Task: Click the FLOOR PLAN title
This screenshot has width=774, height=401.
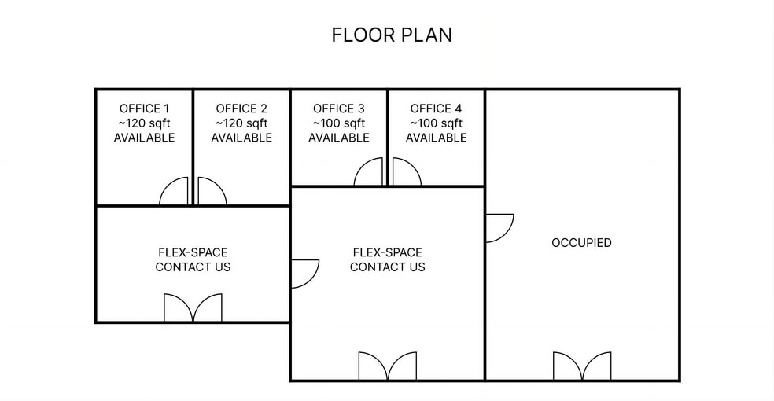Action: [x=391, y=35]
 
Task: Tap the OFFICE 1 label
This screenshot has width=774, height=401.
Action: [x=144, y=109]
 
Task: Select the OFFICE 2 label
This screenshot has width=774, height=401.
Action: [x=241, y=109]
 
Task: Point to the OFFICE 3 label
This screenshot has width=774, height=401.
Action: [x=338, y=109]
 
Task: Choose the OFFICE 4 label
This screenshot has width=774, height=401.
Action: [x=436, y=109]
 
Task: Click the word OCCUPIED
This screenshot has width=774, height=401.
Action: [x=581, y=243]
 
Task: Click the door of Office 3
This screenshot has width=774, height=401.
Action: [x=370, y=173]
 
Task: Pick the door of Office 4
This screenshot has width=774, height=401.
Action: [x=405, y=173]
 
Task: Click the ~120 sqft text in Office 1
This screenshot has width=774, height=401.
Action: [x=144, y=123]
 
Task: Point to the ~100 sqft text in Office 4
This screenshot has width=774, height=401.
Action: [x=436, y=123]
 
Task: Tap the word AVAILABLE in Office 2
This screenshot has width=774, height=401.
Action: [x=241, y=138]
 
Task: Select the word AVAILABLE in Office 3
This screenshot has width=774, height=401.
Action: [x=338, y=138]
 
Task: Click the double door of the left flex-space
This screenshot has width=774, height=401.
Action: [x=193, y=308]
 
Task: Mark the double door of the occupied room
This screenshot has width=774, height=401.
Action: [x=581, y=366]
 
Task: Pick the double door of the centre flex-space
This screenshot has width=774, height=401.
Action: [x=387, y=366]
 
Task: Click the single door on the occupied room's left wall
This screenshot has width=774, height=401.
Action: [x=499, y=227]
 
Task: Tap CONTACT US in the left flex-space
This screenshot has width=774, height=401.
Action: [x=193, y=267]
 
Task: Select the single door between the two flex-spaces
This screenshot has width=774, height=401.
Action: [x=304, y=273]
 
